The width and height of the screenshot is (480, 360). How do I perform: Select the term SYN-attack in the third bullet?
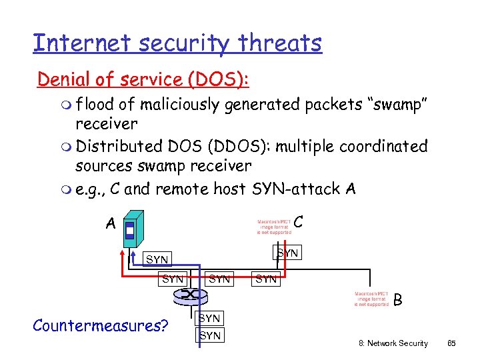pos(297,189)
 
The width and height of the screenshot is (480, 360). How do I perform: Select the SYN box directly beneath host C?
pos(287,253)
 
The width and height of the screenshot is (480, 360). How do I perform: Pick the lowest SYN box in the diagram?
pos(210,335)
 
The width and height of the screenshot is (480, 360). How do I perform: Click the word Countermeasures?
pos(100,325)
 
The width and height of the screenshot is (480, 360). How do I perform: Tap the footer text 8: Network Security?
pos(393,343)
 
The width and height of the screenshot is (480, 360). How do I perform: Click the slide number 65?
pos(451,343)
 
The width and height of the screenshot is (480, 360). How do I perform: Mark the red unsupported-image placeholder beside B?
pos(371,299)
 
